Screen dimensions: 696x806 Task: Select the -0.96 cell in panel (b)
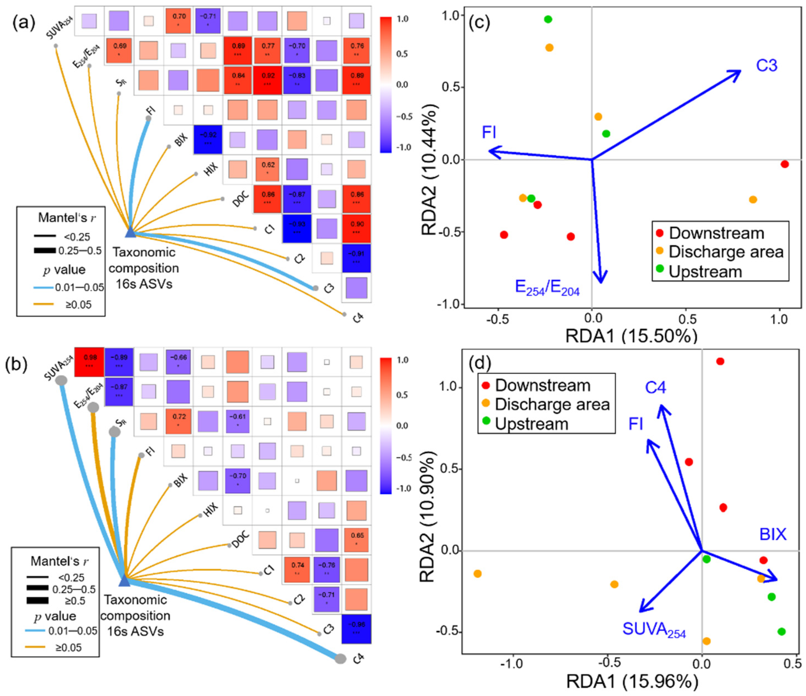(356, 629)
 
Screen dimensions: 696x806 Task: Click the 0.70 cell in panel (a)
(179, 20)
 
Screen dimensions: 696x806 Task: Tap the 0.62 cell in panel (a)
(268, 168)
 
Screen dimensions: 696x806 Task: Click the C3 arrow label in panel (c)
(766, 65)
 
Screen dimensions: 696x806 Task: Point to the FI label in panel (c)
(489, 133)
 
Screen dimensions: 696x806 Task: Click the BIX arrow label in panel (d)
(773, 534)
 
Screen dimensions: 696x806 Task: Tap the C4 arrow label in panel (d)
(656, 387)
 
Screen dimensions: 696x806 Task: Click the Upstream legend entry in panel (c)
(705, 271)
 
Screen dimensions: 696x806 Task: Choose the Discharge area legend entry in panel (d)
(552, 404)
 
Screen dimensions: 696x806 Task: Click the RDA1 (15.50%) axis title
(631, 336)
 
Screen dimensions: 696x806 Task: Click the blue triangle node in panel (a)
(130, 232)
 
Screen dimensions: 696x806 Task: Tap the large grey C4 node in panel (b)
(340, 658)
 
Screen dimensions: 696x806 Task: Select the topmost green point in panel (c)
(548, 19)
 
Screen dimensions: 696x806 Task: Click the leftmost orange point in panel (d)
(478, 574)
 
